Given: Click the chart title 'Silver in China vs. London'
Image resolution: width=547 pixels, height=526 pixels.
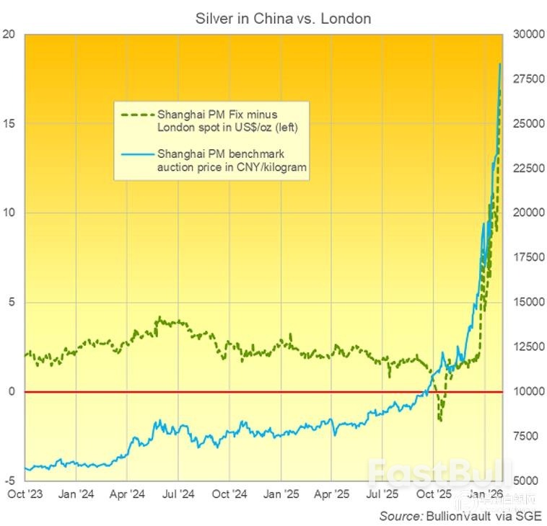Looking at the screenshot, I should (283, 19).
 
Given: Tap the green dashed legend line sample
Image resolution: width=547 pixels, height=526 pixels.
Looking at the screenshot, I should (136, 115).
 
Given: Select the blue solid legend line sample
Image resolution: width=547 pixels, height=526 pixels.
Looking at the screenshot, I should (136, 153).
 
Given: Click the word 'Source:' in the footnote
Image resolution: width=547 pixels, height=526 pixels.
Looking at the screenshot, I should (401, 516).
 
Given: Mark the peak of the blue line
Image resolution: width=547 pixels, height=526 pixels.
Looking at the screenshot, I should (500, 64).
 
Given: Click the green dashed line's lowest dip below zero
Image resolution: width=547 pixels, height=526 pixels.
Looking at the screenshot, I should (439, 420).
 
